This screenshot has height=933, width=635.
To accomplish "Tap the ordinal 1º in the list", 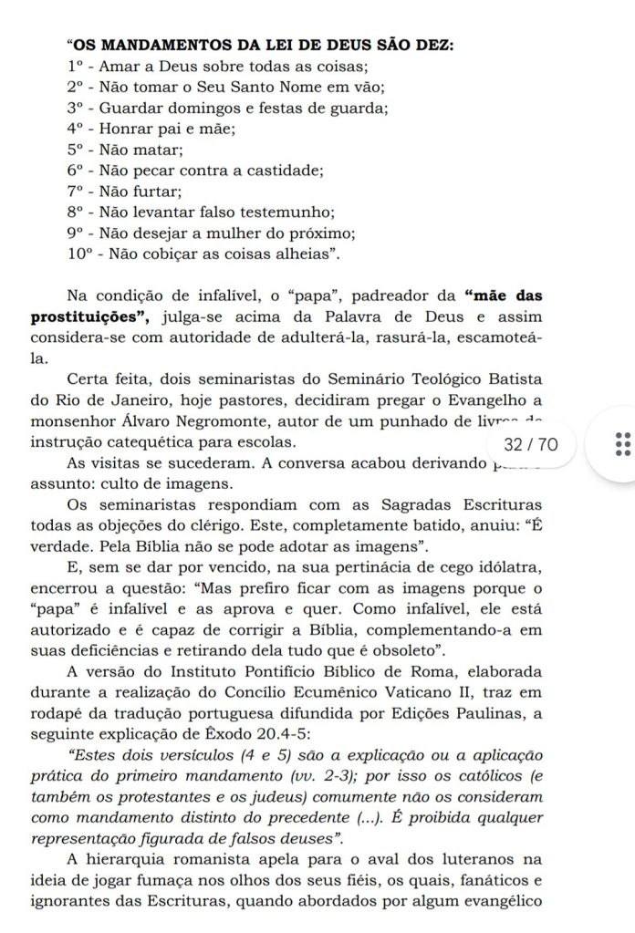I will pos(75,67).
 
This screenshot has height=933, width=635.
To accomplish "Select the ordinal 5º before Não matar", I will pos(75,149).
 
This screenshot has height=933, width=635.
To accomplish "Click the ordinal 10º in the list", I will pos(79,254).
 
